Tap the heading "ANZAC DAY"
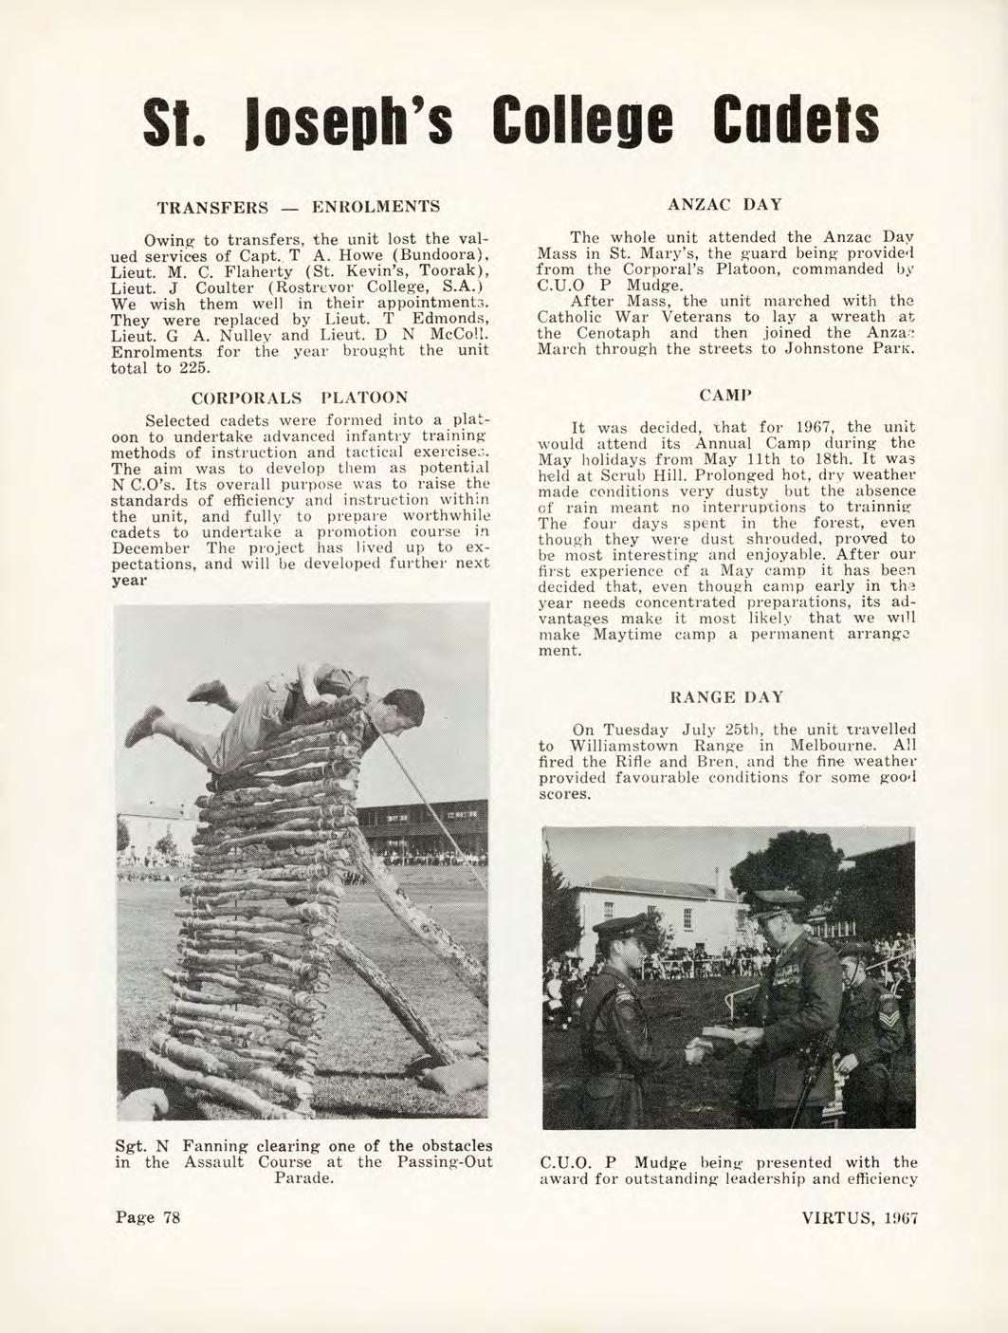click(724, 204)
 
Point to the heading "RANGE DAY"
click(726, 697)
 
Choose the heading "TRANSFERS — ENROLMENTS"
click(298, 206)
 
